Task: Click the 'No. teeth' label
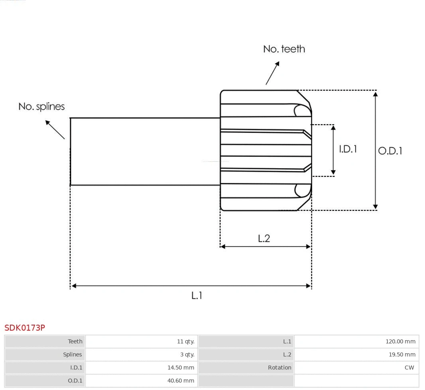point(284,49)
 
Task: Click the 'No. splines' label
point(41,107)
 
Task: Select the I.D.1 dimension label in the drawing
point(348,149)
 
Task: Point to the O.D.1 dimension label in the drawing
point(390,151)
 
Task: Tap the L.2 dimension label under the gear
point(264,238)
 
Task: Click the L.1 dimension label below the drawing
point(197,296)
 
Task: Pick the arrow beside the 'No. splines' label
point(55,129)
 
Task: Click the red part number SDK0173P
point(25,328)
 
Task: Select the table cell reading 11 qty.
point(186,341)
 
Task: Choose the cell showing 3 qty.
point(187,355)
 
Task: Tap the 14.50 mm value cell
point(181,368)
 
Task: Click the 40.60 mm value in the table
point(181,381)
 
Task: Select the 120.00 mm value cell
point(400,341)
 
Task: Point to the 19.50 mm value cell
point(402,355)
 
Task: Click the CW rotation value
point(409,368)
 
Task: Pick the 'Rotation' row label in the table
point(279,368)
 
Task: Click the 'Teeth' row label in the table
point(75,341)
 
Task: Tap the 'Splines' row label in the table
point(72,355)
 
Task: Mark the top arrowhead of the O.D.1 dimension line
point(375,94)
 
